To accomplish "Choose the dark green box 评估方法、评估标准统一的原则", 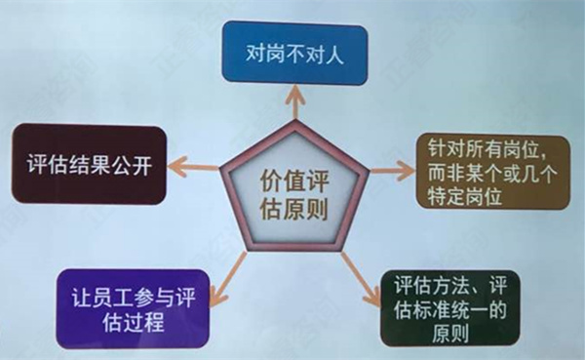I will (x=450, y=309).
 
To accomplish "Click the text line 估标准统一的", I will (x=451, y=310).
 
